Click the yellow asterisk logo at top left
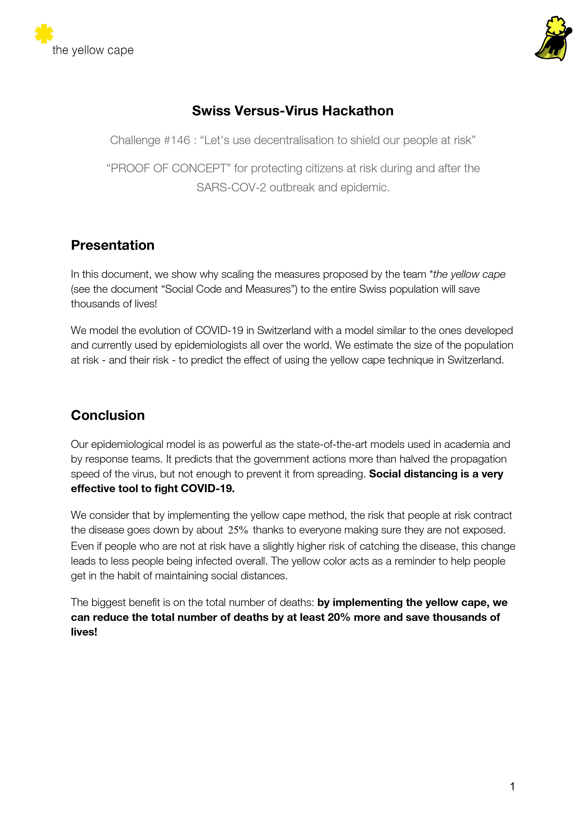coord(44,34)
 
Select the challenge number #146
coord(177,140)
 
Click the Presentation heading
coord(112,245)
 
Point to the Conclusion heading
coord(108,415)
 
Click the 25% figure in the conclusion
coord(238,530)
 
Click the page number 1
coord(512,786)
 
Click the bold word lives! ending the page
coord(84,632)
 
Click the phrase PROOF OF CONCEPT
coord(168,168)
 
